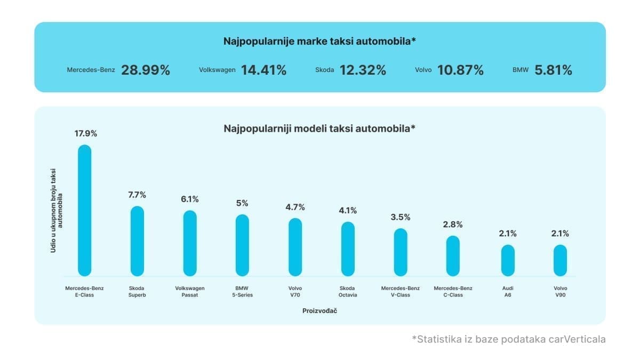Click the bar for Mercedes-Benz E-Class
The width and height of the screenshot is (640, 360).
pos(84,211)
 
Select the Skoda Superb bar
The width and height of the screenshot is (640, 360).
pos(137,241)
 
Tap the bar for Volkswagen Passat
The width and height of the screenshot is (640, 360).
pos(190,243)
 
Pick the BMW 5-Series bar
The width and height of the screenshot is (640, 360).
pos(242,245)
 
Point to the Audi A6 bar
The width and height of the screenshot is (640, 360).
pos(508,260)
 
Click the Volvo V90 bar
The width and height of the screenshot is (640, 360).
pos(560,260)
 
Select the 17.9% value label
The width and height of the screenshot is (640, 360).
pos(84,134)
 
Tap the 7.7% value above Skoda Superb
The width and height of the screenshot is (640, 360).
pos(137,195)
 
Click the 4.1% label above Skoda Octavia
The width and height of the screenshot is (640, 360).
pos(348,211)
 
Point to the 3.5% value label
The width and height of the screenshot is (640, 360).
pos(401,217)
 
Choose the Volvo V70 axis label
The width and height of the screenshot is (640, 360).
pos(295,292)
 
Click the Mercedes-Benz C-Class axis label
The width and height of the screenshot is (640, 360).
pos(453,292)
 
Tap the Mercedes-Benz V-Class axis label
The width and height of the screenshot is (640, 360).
pos(401,292)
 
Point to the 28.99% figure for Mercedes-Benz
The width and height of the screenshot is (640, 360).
pos(146,70)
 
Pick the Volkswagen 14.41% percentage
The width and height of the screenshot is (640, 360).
pos(263,70)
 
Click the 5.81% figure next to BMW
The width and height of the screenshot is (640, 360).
pos(553,70)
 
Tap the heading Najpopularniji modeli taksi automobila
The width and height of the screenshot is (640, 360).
pos(319,129)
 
